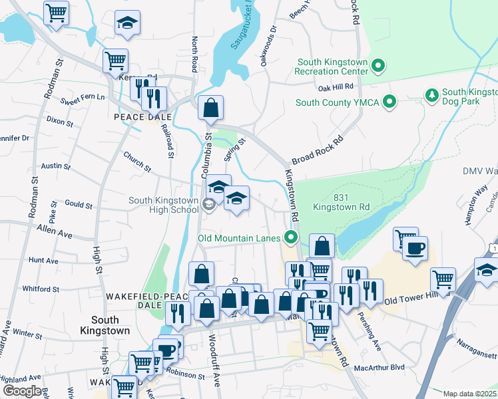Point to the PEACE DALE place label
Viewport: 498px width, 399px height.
pos(142,117)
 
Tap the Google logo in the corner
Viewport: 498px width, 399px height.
pos(22,391)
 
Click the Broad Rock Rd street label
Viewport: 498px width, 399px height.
pos(317,150)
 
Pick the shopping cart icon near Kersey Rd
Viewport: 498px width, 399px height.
pos(115,61)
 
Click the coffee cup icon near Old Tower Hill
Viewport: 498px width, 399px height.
pos(415,249)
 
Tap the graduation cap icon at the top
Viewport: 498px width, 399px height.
pos(127,23)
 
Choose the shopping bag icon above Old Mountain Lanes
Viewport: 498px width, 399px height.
pos(322,245)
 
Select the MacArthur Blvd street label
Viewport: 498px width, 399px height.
pos(379,366)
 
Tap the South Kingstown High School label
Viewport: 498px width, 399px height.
pos(164,205)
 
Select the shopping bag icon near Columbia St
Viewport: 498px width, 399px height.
pos(210,108)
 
